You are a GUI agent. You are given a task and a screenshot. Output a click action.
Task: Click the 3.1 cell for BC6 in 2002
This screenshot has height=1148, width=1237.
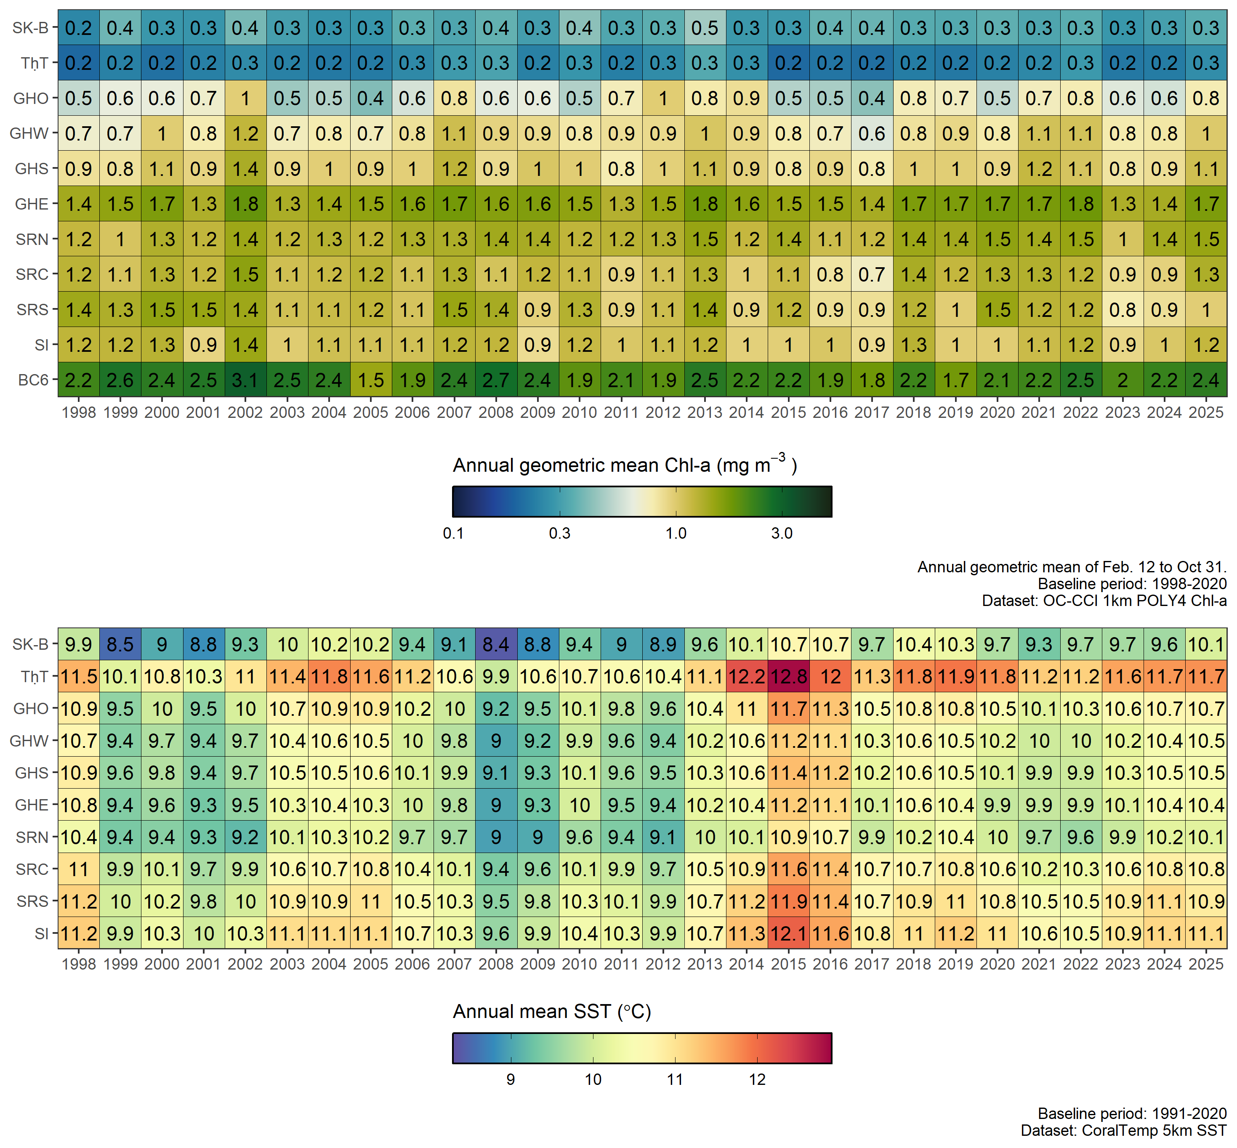click(x=245, y=380)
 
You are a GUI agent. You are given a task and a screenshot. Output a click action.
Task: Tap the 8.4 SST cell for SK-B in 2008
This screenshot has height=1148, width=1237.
click(x=496, y=644)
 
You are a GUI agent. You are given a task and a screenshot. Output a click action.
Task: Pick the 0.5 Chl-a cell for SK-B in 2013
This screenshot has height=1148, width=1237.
click(x=705, y=28)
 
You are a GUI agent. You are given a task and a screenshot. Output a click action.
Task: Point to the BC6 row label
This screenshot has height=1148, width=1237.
click(x=33, y=380)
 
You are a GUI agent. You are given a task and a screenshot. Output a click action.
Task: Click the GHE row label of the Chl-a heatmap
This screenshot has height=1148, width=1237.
click(x=32, y=204)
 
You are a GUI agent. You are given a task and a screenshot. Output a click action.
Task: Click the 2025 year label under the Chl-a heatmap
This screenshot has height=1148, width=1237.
click(x=1206, y=412)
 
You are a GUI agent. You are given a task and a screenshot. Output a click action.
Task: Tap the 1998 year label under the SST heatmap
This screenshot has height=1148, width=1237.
click(x=79, y=964)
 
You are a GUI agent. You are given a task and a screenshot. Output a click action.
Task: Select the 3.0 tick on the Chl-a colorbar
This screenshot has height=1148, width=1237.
click(x=782, y=533)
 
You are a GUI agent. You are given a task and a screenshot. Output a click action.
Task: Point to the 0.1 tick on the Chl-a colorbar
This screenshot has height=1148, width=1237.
click(x=453, y=533)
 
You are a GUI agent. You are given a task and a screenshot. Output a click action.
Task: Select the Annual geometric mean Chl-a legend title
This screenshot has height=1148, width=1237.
click(x=625, y=465)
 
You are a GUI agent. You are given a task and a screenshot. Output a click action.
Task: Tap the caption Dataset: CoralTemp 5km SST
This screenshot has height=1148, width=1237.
click(x=1123, y=1130)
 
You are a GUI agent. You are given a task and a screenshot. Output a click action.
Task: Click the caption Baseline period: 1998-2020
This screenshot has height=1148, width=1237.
click(x=1132, y=584)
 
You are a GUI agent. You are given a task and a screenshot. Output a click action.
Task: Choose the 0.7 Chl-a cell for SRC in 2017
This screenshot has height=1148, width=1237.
click(x=872, y=274)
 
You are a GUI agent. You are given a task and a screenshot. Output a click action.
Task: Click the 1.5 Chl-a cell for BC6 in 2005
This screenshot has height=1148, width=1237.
click(x=371, y=380)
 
